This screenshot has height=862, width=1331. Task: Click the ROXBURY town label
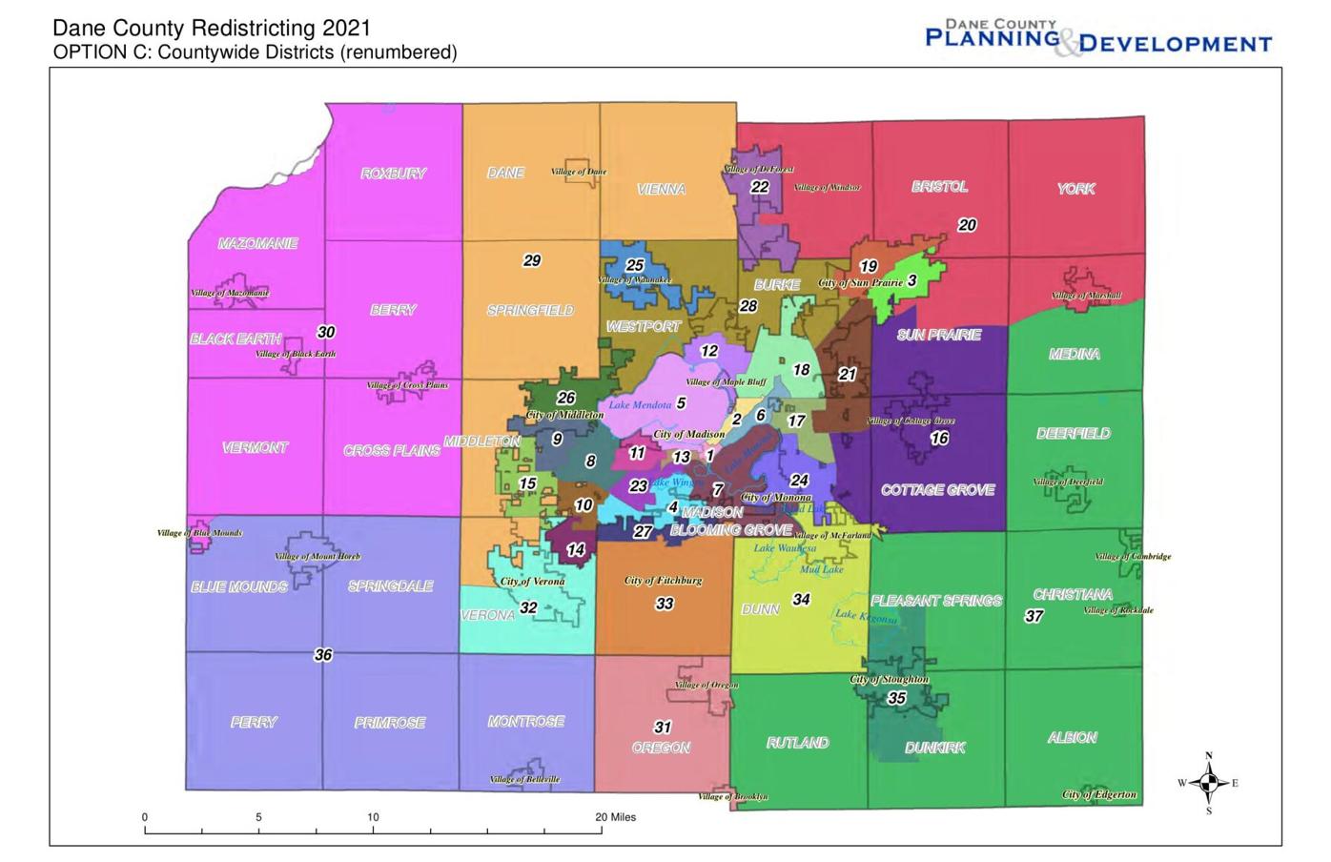pyautogui.click(x=393, y=174)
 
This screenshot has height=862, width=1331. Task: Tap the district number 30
pyautogui.click(x=326, y=332)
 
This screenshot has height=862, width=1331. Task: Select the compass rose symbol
pyautogui.click(x=1208, y=783)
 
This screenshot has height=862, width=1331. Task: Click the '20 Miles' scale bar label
pyautogui.click(x=615, y=817)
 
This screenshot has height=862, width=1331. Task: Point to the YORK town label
pyautogui.click(x=1075, y=189)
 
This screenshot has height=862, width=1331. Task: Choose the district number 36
pyautogui.click(x=323, y=655)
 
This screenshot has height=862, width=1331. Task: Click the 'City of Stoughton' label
pyautogui.click(x=889, y=679)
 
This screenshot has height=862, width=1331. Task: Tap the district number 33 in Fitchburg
pyautogui.click(x=665, y=604)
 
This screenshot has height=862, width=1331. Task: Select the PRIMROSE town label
pyautogui.click(x=390, y=723)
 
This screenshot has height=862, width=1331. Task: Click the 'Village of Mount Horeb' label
pyautogui.click(x=317, y=556)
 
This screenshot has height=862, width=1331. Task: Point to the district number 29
pyautogui.click(x=532, y=260)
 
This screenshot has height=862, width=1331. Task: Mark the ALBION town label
pyautogui.click(x=1072, y=737)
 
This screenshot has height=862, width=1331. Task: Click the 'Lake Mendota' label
pyautogui.click(x=640, y=405)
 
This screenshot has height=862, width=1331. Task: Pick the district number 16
pyautogui.click(x=939, y=439)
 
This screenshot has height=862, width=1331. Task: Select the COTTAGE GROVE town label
pyautogui.click(x=937, y=490)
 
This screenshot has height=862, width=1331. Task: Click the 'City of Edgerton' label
pyautogui.click(x=1099, y=794)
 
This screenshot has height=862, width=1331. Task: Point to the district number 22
pyautogui.click(x=759, y=187)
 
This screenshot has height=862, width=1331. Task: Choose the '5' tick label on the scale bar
pyautogui.click(x=258, y=817)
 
